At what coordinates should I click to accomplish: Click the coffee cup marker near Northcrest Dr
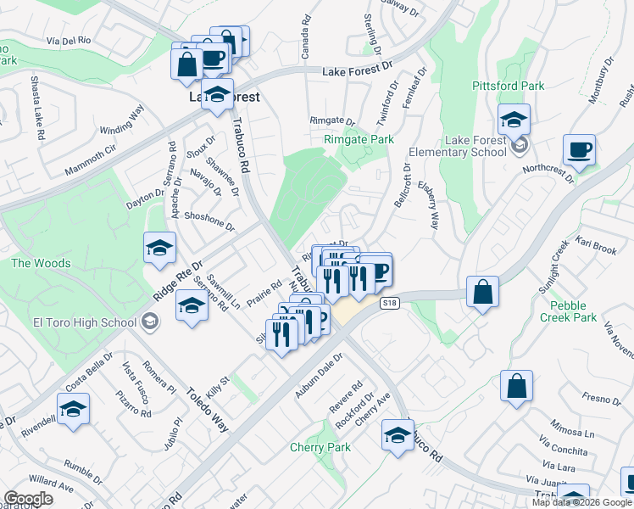579,150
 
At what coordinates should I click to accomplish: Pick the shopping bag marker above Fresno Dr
516,385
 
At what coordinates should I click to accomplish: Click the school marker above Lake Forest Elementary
514,119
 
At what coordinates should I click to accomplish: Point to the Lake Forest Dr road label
359,72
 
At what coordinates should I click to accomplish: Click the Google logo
29,499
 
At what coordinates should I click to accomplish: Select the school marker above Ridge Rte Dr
159,248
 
